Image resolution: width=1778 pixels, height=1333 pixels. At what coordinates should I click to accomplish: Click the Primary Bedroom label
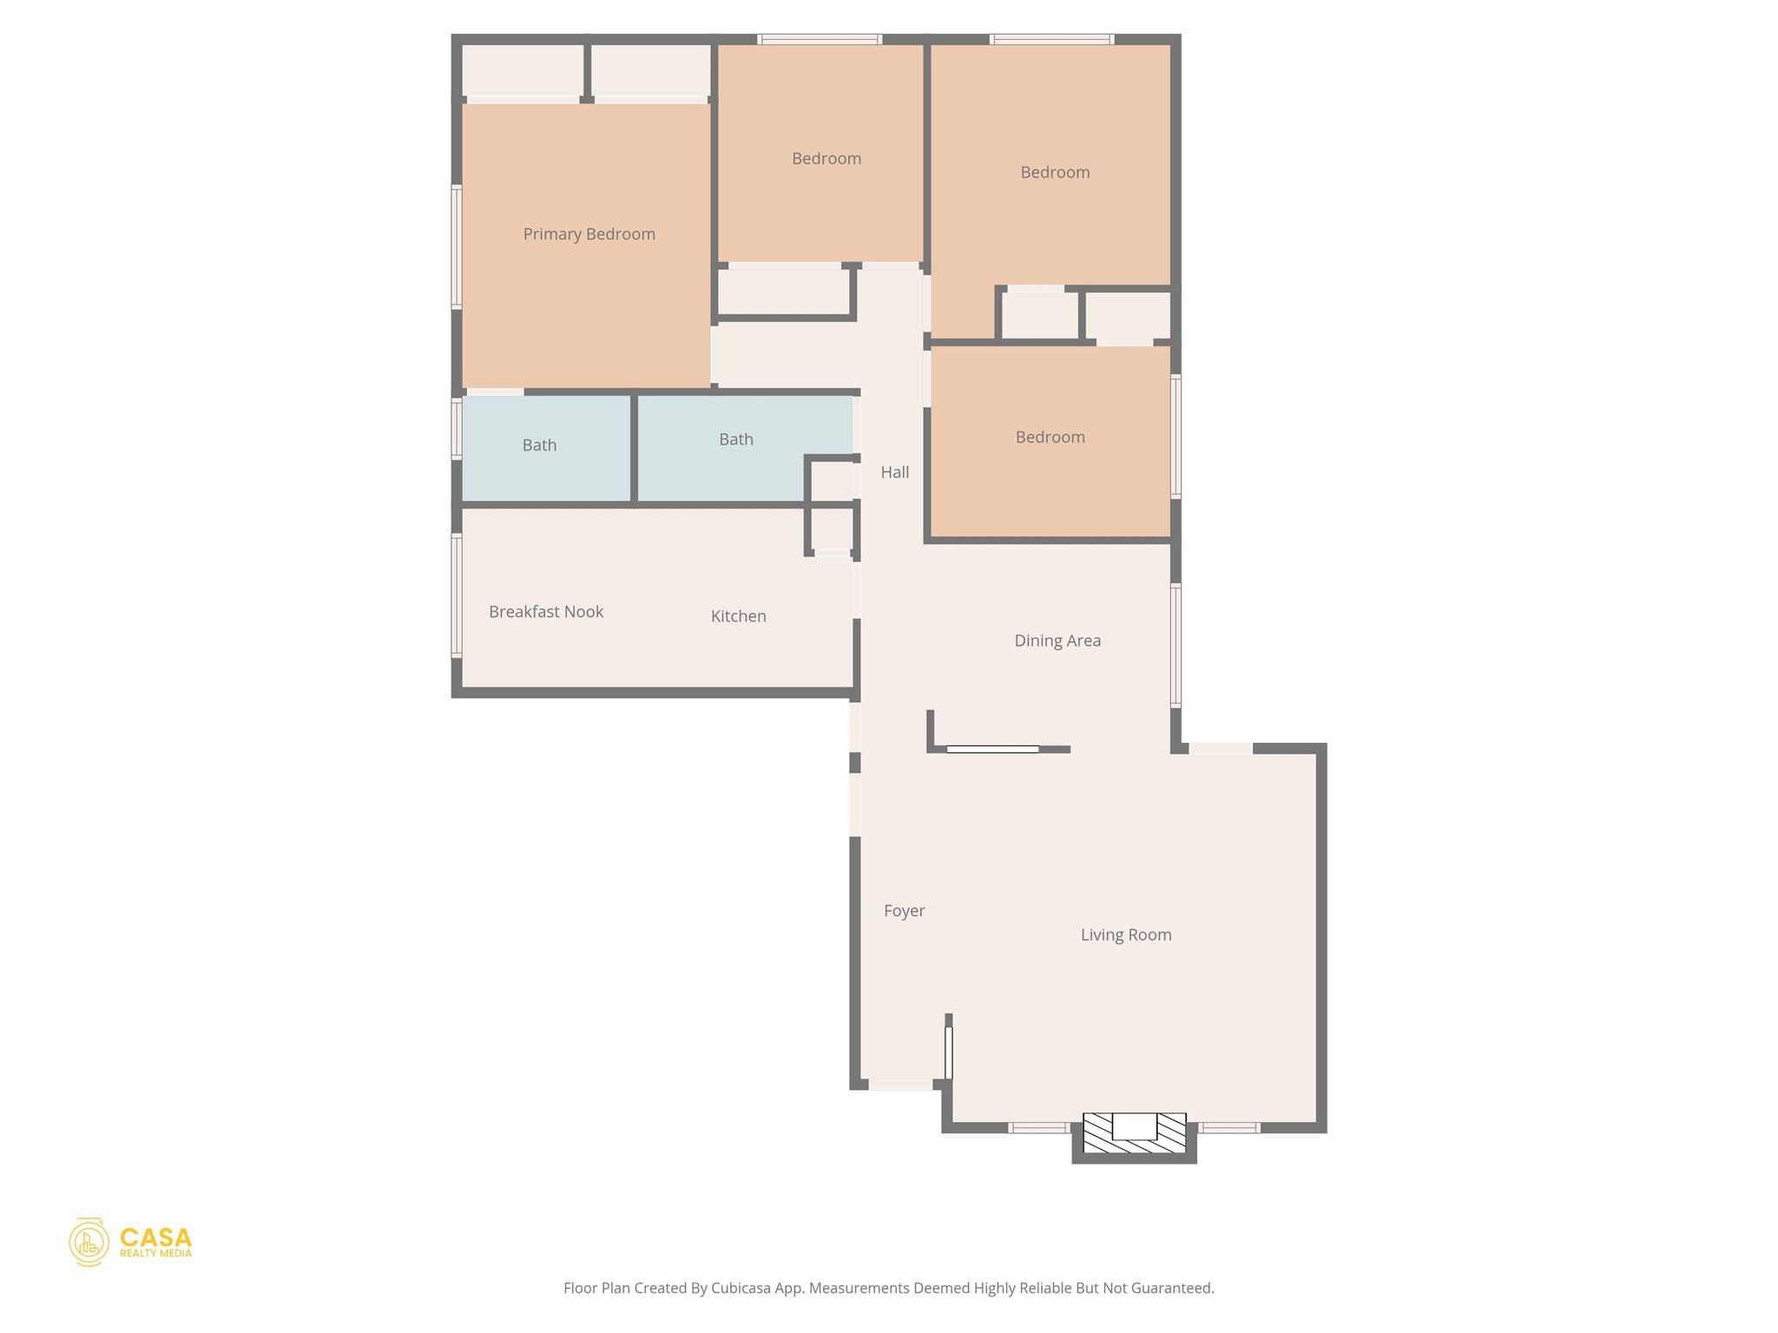[589, 234]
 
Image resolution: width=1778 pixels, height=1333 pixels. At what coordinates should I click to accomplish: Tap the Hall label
[894, 472]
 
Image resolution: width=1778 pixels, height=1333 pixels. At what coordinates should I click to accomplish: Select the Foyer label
[904, 910]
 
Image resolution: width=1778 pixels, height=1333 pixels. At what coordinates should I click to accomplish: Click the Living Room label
[1125, 935]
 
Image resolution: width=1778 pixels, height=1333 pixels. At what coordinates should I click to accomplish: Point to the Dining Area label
[1057, 640]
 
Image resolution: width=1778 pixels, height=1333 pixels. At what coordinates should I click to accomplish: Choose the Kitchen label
[738, 616]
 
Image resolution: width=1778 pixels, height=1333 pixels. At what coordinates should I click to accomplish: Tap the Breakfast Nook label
[545, 612]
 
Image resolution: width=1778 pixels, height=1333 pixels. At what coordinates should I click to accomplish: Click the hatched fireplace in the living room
[1134, 1133]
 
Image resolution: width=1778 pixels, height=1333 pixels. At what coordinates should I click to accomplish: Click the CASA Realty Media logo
[131, 1241]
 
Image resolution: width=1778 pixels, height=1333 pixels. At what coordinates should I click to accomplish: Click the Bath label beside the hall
[735, 439]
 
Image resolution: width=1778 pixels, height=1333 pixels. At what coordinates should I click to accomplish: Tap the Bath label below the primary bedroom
[539, 445]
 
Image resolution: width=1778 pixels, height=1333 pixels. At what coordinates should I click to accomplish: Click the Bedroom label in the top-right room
[1054, 173]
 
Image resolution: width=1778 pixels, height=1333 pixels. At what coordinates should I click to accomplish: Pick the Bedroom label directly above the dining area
[1050, 437]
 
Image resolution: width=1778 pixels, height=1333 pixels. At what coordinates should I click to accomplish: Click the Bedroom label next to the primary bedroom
[826, 159]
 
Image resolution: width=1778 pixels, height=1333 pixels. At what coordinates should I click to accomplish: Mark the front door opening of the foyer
[900, 1084]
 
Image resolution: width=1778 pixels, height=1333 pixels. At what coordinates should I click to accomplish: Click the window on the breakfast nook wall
[457, 595]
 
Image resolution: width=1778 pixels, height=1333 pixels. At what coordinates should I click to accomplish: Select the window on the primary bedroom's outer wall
[457, 246]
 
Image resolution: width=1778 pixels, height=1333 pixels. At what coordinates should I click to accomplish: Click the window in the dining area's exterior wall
[1175, 646]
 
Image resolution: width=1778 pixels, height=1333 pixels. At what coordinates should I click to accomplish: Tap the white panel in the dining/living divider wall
[991, 749]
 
